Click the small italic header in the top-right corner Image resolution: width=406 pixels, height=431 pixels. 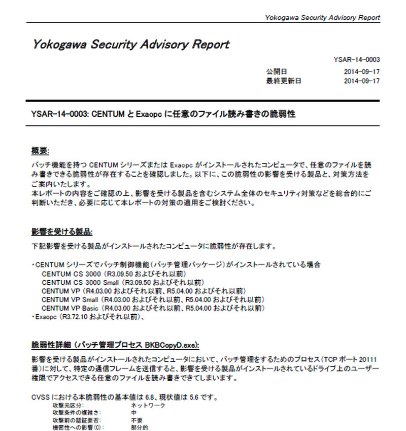322,18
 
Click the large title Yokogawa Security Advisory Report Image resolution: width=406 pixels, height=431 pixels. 131,44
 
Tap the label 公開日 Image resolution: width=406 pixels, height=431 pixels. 277,72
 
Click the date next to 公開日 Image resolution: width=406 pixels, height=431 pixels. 362,72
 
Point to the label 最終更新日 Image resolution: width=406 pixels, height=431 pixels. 283,81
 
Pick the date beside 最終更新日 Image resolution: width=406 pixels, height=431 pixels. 362,81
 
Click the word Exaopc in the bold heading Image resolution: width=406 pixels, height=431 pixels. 148,115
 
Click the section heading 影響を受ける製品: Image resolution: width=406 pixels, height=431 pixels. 61,232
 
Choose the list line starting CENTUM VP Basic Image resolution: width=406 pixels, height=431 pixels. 152,308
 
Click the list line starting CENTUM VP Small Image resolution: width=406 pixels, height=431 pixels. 152,300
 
